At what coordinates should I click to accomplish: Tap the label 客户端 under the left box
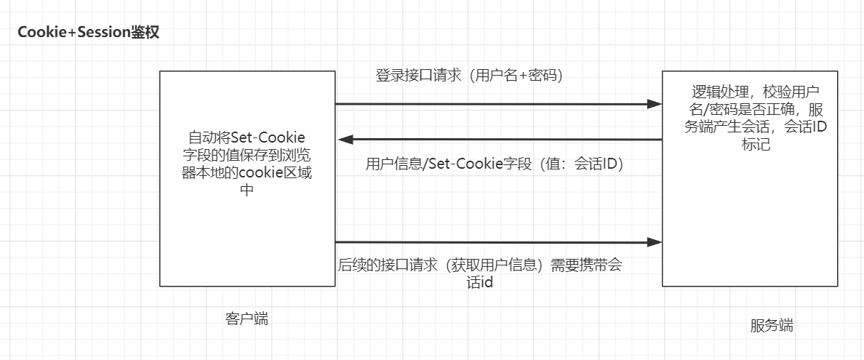[247, 319]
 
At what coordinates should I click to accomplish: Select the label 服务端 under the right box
[771, 325]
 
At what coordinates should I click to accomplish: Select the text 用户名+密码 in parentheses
[517, 75]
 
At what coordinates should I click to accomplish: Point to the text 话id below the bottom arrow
[480, 283]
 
